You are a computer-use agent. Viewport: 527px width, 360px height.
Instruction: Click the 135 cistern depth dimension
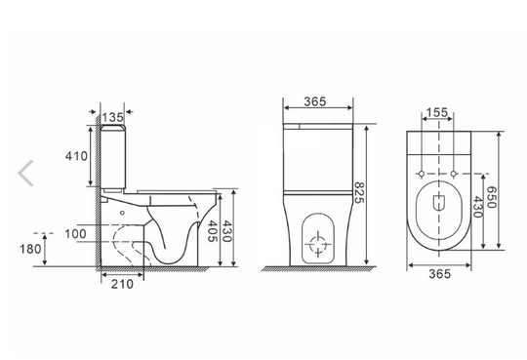[113, 117]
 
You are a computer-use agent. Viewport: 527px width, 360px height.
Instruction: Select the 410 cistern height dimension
[76, 156]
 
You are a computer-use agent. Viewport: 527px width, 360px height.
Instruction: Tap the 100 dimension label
[75, 233]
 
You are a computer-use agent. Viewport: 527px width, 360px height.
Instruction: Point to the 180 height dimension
[30, 249]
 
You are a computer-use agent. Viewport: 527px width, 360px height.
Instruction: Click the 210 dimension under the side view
[122, 284]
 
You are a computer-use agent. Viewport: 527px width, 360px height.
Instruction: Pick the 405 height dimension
[213, 231]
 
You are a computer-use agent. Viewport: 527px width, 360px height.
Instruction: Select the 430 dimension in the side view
[227, 231]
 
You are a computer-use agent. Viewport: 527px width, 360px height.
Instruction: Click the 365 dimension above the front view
[315, 101]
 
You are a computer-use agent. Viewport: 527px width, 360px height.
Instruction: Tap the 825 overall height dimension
[359, 192]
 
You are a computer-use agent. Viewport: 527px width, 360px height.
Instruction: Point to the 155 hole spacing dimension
[437, 112]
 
